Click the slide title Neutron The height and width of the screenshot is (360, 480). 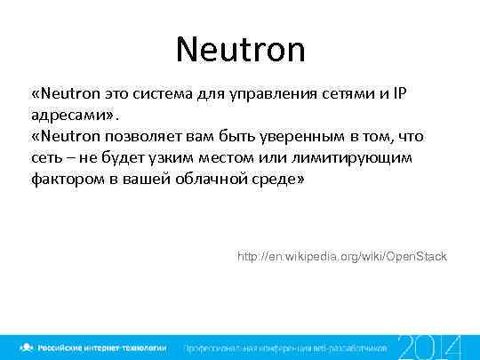240,49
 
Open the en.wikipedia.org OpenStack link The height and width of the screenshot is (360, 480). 342,257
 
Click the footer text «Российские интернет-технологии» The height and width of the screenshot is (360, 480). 100,346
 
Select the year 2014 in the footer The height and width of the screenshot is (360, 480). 429,344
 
